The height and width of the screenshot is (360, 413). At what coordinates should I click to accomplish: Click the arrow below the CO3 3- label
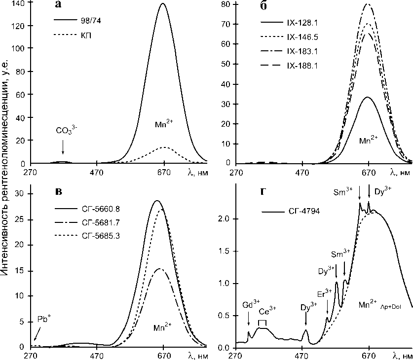click(63, 147)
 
